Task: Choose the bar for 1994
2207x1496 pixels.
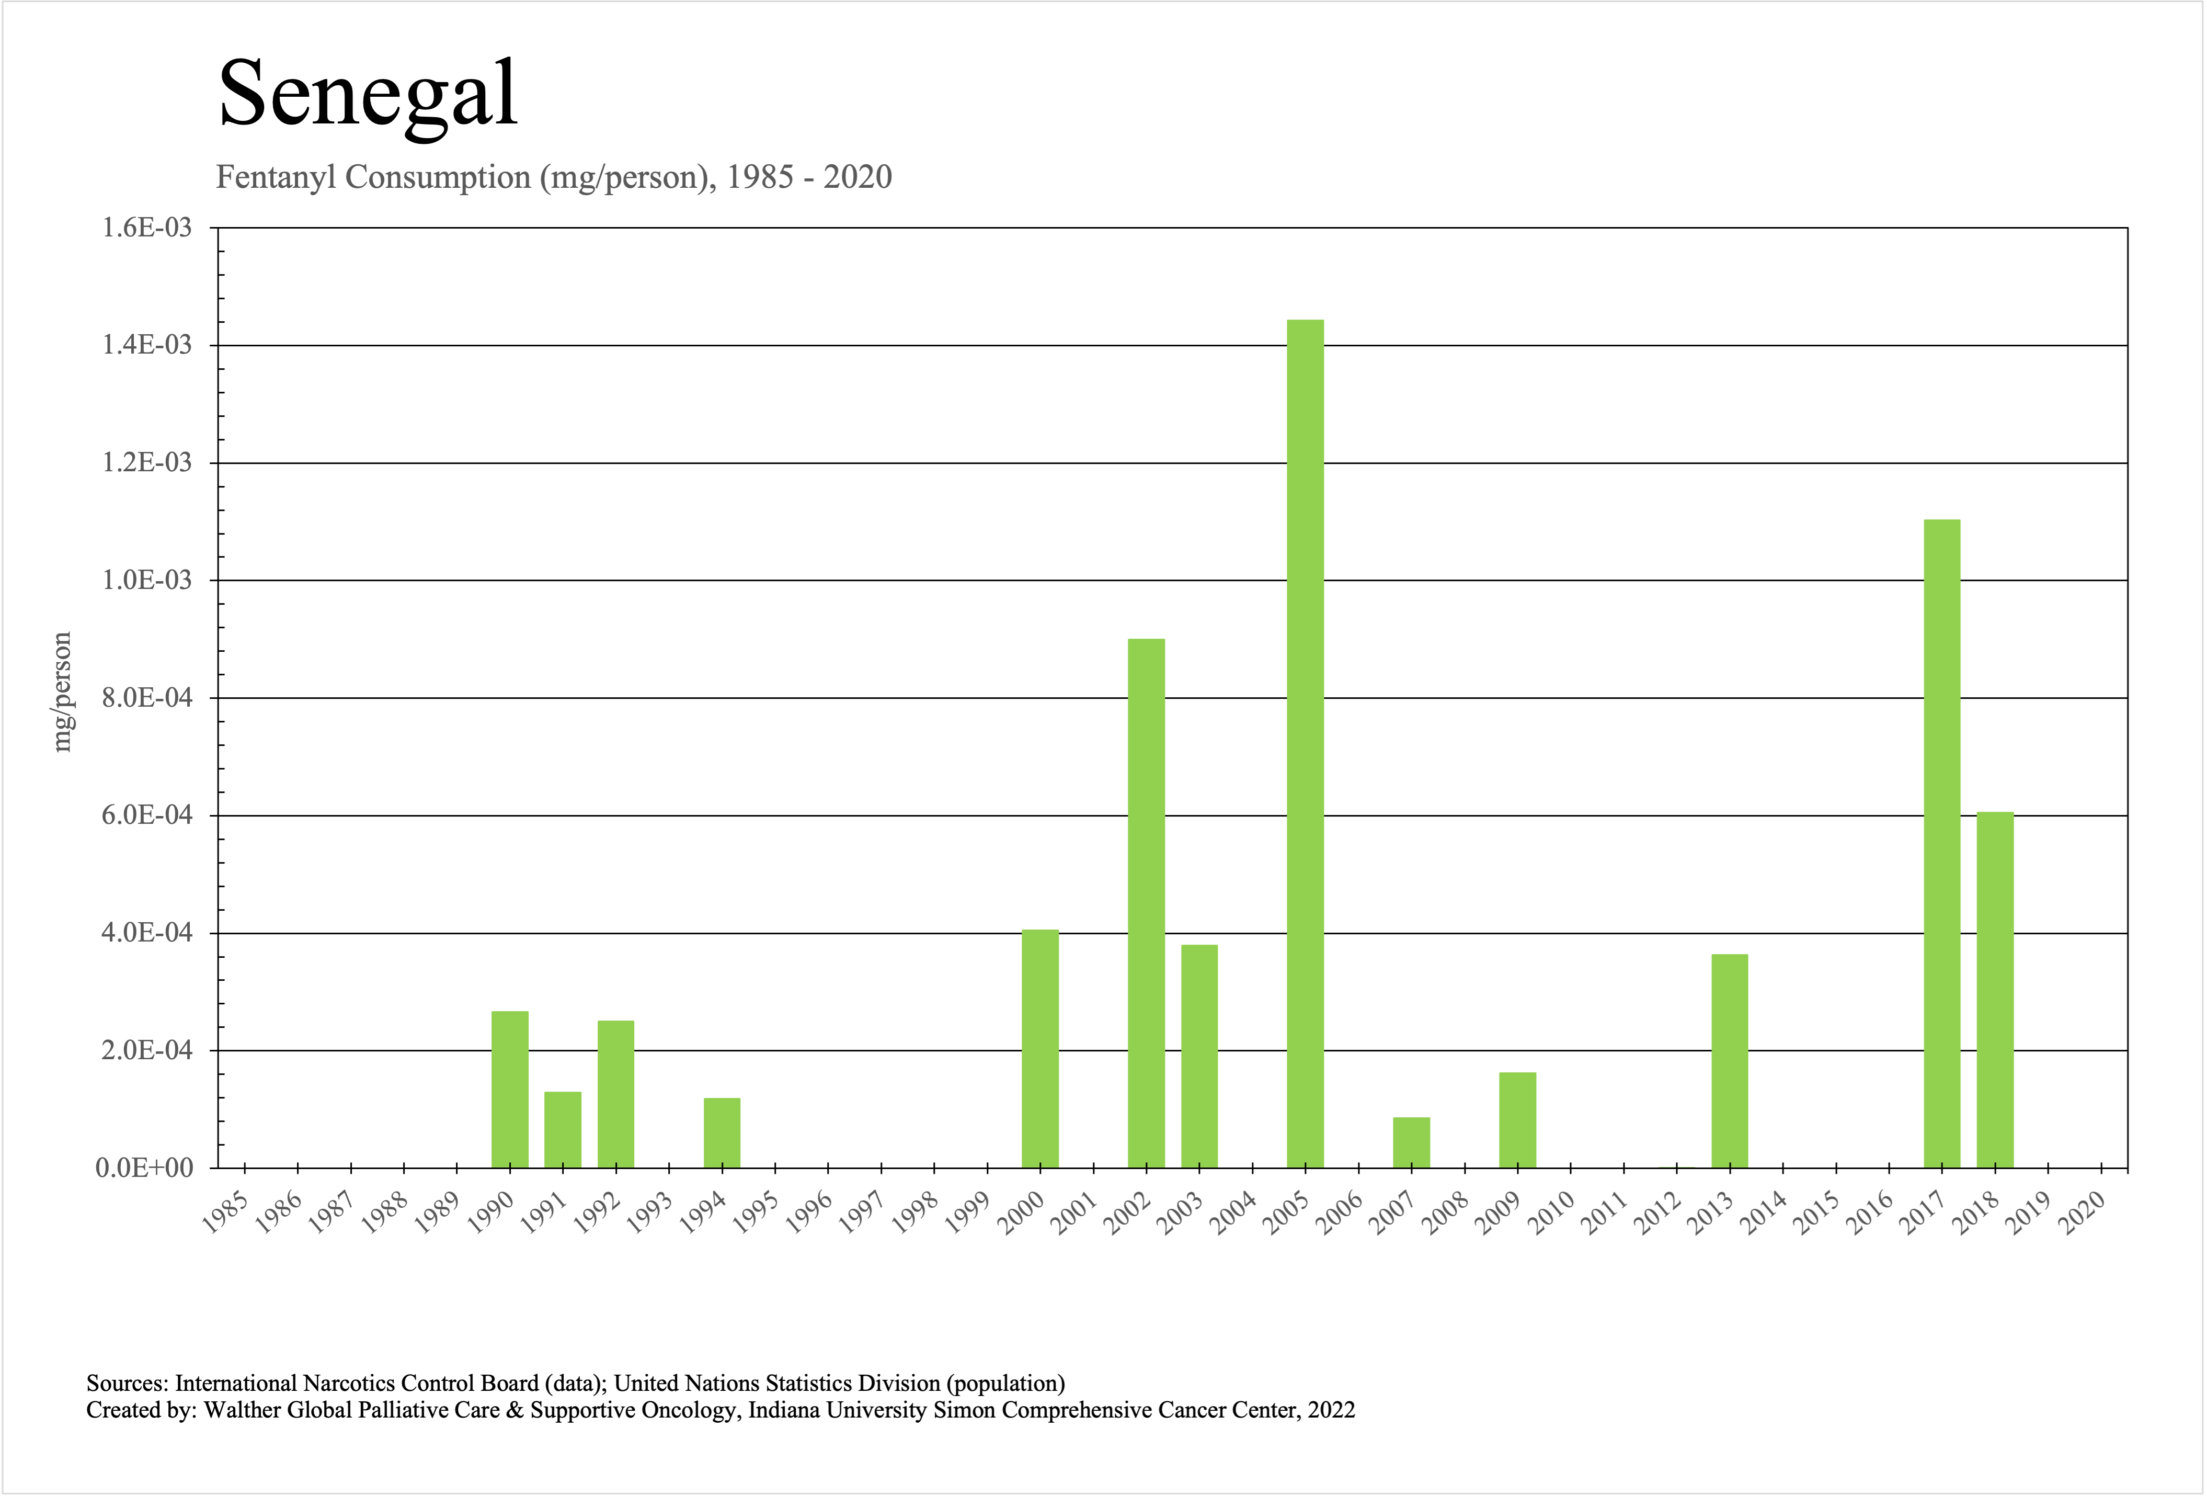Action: [722, 1133]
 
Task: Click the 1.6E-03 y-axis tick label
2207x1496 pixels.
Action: [147, 228]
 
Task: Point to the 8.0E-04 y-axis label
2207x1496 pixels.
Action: [147, 698]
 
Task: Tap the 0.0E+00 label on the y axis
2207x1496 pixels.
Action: [144, 1169]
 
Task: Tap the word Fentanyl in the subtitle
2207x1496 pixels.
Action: [277, 178]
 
